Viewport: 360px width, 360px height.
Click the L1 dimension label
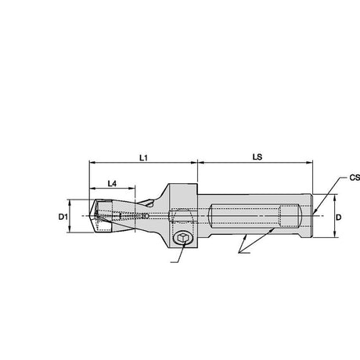click(x=143, y=157)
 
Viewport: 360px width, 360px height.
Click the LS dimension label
click(x=257, y=157)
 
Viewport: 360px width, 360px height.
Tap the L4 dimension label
click(x=112, y=184)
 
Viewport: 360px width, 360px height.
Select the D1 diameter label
click(x=63, y=217)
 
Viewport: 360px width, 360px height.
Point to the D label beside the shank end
click(x=338, y=217)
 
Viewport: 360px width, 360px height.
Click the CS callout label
click(x=355, y=178)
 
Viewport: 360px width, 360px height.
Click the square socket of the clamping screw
click(x=182, y=238)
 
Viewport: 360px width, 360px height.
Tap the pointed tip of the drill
click(x=89, y=216)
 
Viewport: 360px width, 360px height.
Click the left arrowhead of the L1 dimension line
click(x=92, y=163)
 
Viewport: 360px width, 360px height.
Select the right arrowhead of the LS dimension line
click(x=309, y=163)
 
